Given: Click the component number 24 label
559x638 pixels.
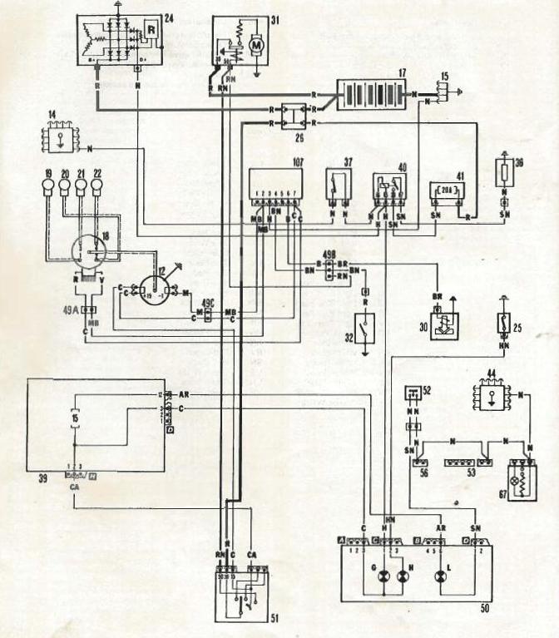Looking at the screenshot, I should tap(169, 17).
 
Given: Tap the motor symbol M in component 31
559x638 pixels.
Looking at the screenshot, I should tap(256, 42).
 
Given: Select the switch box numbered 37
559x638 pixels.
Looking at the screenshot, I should tap(336, 192).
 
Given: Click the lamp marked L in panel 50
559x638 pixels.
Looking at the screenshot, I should tap(438, 576).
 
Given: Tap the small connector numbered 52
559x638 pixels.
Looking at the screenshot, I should tap(412, 392).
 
